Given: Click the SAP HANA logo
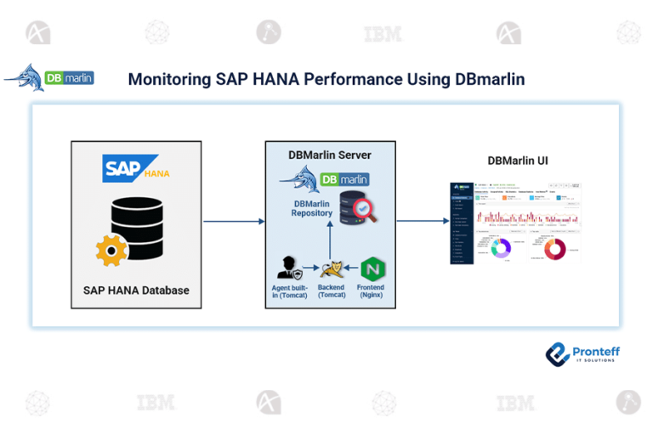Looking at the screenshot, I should point(136,167).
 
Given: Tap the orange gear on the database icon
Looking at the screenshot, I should point(111,249).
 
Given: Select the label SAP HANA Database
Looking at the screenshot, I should point(136,291).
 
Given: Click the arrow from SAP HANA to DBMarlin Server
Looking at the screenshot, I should point(234,222).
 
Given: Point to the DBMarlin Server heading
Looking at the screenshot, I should point(330,155).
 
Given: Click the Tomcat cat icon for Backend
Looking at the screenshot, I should point(332,269).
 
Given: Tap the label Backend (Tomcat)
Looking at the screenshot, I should point(332,291).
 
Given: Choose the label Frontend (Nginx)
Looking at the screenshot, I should point(371,291).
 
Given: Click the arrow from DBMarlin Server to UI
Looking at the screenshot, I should point(422,222).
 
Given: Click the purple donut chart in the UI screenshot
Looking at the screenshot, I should point(501,248).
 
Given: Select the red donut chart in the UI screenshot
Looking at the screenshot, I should point(555,249).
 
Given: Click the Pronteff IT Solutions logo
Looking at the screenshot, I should point(582,354).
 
